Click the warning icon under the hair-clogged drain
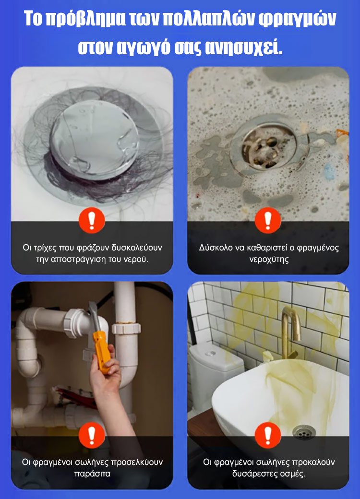pos(92,220)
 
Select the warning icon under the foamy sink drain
pos(268,220)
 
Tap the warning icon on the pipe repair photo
pos(92,435)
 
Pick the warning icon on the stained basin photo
pos(268,435)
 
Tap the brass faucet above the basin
pos(290,331)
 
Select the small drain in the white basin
pos(304,432)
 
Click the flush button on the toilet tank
pos(210,353)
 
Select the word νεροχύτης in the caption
pos(269,260)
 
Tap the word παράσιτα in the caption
pos(92,474)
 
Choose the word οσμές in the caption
pos(291,474)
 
